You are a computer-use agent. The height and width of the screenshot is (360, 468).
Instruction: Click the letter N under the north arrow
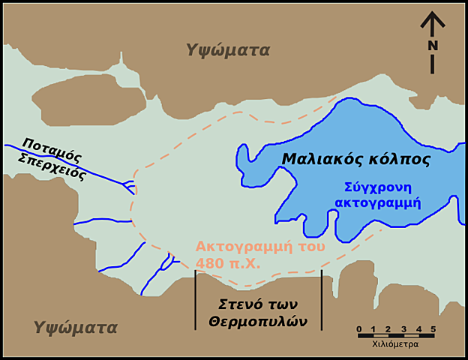coord(433,46)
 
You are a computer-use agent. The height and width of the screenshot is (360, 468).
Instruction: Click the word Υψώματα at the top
coord(228,50)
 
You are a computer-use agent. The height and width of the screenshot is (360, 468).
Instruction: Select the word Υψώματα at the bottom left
coord(75,328)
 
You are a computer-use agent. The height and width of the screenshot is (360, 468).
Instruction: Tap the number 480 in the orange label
coord(208,262)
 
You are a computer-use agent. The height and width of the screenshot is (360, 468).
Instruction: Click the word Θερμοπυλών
coord(259,320)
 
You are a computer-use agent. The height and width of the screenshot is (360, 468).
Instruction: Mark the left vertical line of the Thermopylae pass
coord(196,300)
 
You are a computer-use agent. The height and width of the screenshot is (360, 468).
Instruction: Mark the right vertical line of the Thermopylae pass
coord(322,300)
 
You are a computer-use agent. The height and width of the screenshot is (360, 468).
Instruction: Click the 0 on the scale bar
coord(359,329)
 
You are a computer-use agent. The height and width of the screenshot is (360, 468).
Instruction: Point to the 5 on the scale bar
coord(433,329)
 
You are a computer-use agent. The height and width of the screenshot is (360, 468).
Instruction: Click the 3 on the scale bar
coord(403,329)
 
